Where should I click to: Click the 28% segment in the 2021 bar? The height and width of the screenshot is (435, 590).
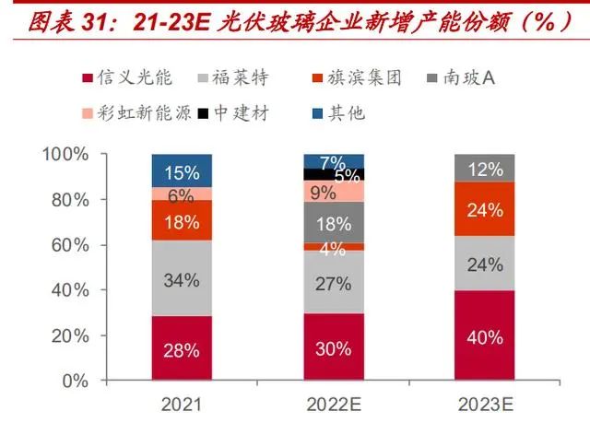(182, 349)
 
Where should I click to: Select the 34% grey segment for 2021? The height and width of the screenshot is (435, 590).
(182, 279)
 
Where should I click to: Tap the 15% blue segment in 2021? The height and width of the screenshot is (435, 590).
(182, 171)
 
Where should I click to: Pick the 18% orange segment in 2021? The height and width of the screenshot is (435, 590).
(182, 221)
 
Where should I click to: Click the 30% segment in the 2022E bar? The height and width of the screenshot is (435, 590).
(334, 347)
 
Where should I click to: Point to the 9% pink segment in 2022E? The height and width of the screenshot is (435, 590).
(334, 192)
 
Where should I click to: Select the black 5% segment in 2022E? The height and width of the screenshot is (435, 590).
(334, 174)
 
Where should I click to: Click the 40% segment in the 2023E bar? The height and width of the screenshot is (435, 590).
(485, 336)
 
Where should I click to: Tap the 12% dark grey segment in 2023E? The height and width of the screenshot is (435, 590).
(485, 169)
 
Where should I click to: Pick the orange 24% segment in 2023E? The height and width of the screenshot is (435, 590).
(485, 209)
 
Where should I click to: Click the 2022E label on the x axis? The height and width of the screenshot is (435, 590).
(334, 404)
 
